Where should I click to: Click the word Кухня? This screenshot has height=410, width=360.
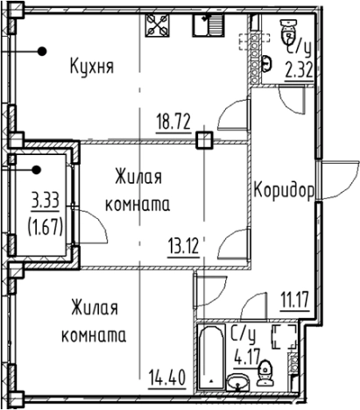93,66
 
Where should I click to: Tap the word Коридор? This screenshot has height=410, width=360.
284,191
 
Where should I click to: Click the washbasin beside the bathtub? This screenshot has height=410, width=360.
236,380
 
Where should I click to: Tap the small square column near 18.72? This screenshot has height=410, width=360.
204,138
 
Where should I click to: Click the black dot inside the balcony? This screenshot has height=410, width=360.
37,171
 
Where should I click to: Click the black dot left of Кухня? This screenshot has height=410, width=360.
40,53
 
